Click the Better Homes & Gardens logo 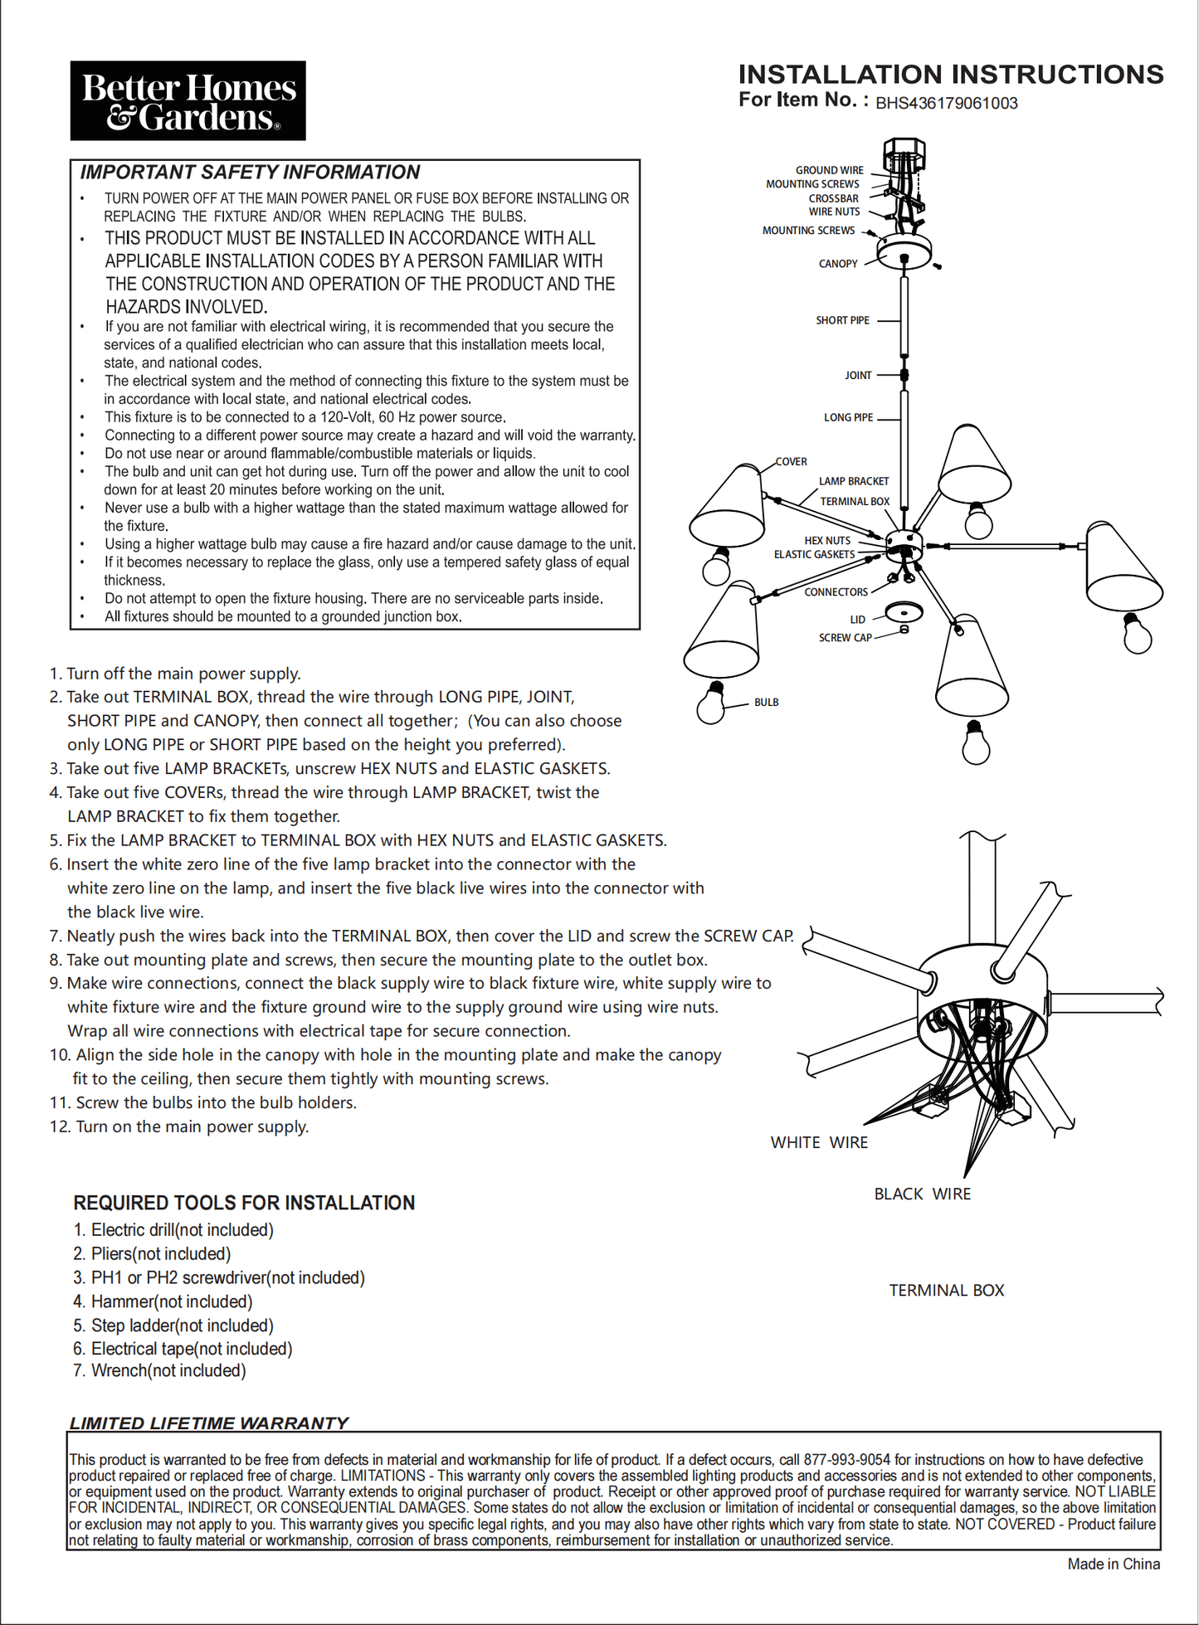click(x=188, y=100)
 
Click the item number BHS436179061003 click(x=946, y=104)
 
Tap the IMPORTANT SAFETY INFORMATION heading click(x=250, y=173)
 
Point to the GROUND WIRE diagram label click(x=829, y=170)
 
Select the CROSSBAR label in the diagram click(x=833, y=198)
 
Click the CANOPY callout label click(x=837, y=264)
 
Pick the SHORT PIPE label click(x=842, y=320)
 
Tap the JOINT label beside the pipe click(x=858, y=376)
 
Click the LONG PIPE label click(x=848, y=417)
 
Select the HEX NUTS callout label click(x=826, y=541)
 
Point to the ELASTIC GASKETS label click(x=814, y=555)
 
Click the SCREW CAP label click(x=845, y=638)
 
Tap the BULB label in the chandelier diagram click(x=766, y=703)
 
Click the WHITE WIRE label click(x=819, y=1143)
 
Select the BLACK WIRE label click(x=922, y=1194)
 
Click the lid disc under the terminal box click(x=904, y=612)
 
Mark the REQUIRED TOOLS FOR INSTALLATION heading click(x=244, y=1203)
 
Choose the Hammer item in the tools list click(x=171, y=1301)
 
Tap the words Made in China click(x=1114, y=1564)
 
